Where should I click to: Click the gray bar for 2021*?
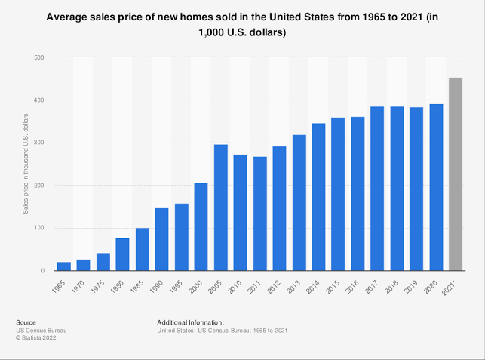pos(456,174)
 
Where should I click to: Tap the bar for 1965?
pos(64,266)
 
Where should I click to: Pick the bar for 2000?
pos(201,226)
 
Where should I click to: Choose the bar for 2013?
pos(299,202)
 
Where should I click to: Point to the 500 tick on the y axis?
pos(38,57)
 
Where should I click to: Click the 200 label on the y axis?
pos(38,186)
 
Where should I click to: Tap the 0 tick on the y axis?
pos(41,271)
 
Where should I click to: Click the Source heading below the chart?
pos(26,322)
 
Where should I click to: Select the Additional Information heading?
pos(190,322)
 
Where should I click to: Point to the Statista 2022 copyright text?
pos(36,338)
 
